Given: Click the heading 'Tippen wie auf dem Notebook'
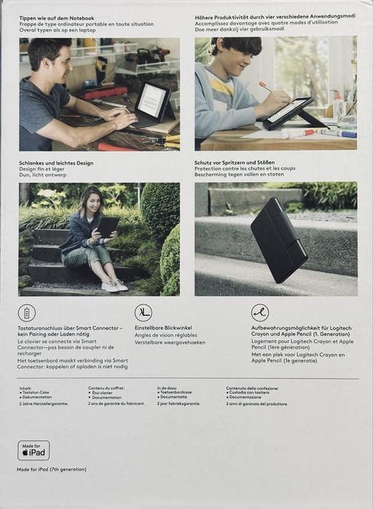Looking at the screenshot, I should (x=56, y=16).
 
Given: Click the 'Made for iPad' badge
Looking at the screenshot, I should (x=34, y=450).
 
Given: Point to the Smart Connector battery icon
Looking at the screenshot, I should (x=27, y=313).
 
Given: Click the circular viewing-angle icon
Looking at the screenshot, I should (x=144, y=313).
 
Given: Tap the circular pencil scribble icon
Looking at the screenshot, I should (x=260, y=313).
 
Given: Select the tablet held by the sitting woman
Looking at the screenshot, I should (x=107, y=226).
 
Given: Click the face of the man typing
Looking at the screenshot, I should (x=48, y=59).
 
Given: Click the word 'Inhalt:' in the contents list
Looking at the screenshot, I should (x=25, y=388).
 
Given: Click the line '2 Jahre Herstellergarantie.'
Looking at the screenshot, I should (x=44, y=403).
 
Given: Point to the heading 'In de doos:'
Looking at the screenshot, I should (x=168, y=388).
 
